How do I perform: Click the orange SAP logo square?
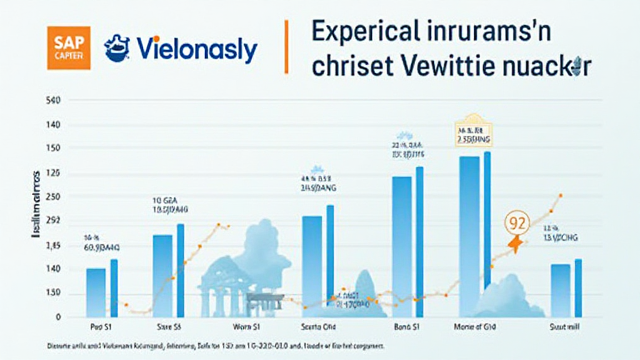(x=69, y=47)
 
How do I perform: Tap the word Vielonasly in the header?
(x=196, y=50)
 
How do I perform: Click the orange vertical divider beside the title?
(x=286, y=46)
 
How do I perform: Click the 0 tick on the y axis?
(x=58, y=317)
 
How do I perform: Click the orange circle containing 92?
(x=516, y=222)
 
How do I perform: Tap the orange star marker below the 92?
(x=516, y=244)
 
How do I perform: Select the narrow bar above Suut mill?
(x=578, y=287)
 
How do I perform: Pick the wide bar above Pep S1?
(x=96, y=292)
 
